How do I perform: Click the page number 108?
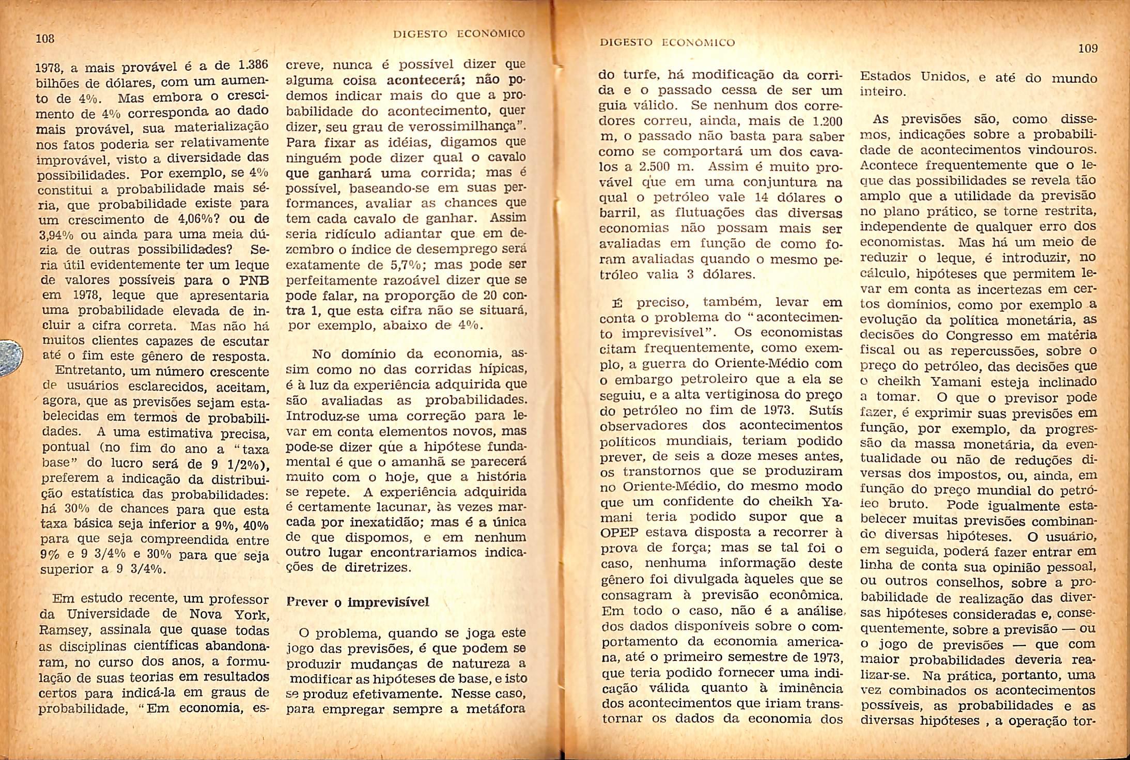click(x=45, y=38)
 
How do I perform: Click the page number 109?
click(x=1088, y=49)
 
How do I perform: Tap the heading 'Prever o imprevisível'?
click(x=357, y=602)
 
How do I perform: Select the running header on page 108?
click(x=459, y=34)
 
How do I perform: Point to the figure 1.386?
click(x=253, y=66)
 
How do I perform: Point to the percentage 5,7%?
click(x=408, y=266)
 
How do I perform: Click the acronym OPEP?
click(x=618, y=532)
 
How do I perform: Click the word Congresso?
click(x=974, y=336)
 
